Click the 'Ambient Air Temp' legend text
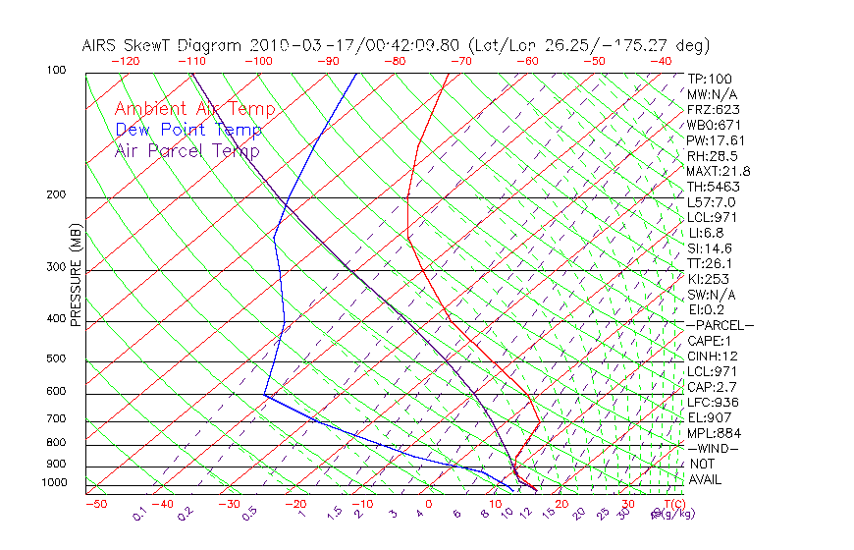click(194, 109)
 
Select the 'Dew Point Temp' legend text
click(188, 130)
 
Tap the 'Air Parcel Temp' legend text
click(187, 150)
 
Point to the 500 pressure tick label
click(57, 358)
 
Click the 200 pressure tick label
click(57, 194)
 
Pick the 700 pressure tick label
click(57, 419)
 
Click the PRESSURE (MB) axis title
click(77, 276)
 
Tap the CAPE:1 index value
click(709, 341)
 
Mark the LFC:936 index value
click(714, 403)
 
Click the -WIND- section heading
click(713, 449)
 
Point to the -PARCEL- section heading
click(720, 325)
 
